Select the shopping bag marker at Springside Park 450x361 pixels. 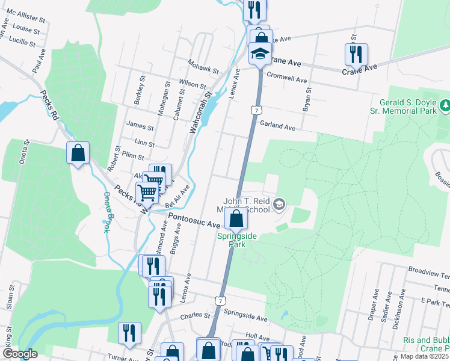pos(237,218)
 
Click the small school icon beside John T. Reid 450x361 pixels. pos(279,205)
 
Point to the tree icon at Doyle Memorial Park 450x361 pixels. pos(445,106)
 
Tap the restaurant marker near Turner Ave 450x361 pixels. pos(129,333)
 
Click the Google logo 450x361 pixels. pos(20,354)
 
